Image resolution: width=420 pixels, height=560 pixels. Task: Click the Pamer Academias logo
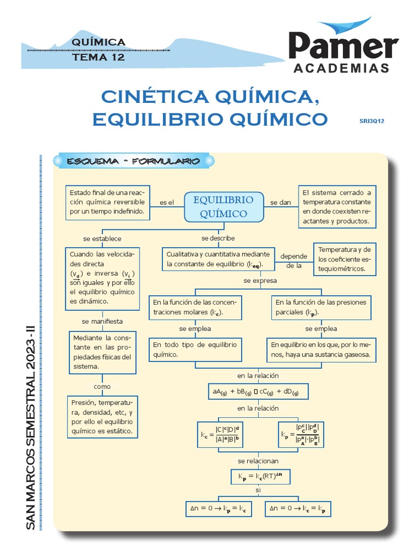[x=343, y=48]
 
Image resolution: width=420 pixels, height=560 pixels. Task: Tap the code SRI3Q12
[x=372, y=121]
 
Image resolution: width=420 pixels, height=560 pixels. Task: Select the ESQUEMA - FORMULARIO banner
[x=133, y=161]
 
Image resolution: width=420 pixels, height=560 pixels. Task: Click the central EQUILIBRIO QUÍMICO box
[x=223, y=207]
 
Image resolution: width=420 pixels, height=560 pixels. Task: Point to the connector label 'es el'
[x=166, y=202]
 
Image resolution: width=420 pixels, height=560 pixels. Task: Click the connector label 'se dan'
[x=281, y=202]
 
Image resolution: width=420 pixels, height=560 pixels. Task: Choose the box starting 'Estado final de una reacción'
[x=108, y=202]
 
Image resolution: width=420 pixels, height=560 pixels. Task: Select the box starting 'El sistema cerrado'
[x=336, y=207]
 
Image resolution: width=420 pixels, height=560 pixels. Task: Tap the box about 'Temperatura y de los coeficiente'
[x=344, y=259]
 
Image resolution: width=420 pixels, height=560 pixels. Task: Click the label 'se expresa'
[x=260, y=281]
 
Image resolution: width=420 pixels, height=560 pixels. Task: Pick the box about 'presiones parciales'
[x=321, y=307]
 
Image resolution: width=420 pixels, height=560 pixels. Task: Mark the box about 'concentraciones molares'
[x=195, y=307]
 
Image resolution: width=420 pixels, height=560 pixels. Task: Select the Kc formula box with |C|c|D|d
[x=221, y=435]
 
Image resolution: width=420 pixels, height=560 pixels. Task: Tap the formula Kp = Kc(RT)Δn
[x=260, y=477]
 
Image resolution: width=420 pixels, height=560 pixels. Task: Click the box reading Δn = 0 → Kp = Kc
[x=218, y=509]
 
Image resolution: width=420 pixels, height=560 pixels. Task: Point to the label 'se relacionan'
[x=258, y=461]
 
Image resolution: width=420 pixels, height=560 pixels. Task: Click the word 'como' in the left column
[x=102, y=387]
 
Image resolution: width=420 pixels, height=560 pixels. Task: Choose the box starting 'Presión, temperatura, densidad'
[x=102, y=417]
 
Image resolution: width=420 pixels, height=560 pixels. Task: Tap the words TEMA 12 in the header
[x=98, y=57]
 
